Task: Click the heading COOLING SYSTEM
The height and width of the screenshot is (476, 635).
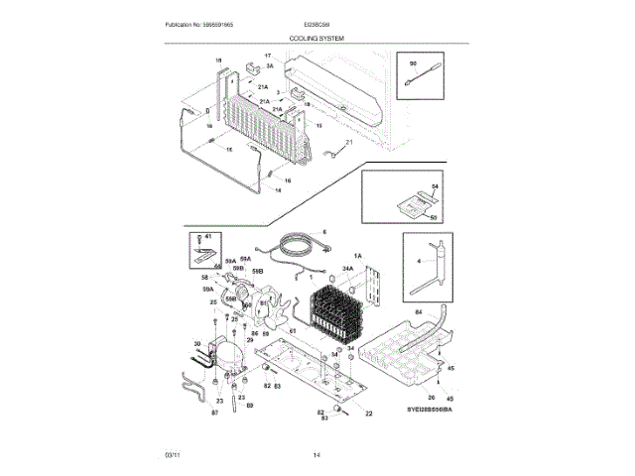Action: coord(317,36)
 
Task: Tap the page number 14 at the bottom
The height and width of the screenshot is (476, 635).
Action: coord(317,455)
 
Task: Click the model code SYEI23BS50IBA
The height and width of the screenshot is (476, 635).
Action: coord(428,410)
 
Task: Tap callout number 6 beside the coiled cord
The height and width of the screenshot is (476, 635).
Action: coord(323,233)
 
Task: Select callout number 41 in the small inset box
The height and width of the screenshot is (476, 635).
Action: coord(209,238)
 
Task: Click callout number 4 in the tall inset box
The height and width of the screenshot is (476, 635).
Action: coord(419,262)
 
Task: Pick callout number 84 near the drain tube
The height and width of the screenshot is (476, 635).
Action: coord(418,312)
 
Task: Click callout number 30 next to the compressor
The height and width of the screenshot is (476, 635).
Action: coord(196,345)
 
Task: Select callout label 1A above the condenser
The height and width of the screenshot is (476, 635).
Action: coord(358,256)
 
